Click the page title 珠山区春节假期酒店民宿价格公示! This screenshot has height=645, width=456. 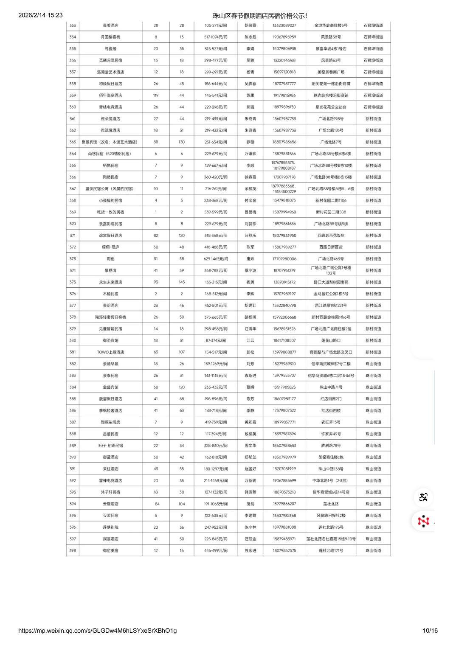260,16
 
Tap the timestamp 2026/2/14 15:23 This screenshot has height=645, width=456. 40,15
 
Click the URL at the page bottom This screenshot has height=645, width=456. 97,631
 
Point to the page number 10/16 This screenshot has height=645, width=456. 430,631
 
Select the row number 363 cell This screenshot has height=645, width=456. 73,142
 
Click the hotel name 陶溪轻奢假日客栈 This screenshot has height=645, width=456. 110,317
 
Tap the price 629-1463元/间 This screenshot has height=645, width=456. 216,259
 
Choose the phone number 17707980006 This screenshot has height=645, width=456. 284,259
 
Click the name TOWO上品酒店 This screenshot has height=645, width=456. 110,352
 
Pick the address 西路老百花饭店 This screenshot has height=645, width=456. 331,236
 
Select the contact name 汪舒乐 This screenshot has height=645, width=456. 250,236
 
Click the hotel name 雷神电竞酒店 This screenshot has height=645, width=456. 110,481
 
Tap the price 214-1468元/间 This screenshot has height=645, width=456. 216,481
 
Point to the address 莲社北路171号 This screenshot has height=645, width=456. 331,551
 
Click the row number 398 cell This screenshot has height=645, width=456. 73,551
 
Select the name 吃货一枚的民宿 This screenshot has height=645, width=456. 110,212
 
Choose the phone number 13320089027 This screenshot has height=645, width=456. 284,25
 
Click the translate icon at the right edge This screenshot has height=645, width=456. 423,497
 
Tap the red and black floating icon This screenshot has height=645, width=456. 423,521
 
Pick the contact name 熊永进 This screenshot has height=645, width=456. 250,551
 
